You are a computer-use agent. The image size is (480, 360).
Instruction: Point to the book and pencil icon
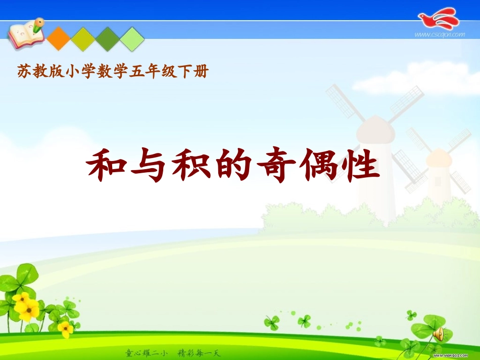point(25,32)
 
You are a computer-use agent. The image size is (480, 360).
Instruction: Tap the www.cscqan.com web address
point(439,35)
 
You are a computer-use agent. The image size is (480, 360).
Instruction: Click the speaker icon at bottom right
point(438,334)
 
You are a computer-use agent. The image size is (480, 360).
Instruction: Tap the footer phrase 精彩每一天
point(200,352)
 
